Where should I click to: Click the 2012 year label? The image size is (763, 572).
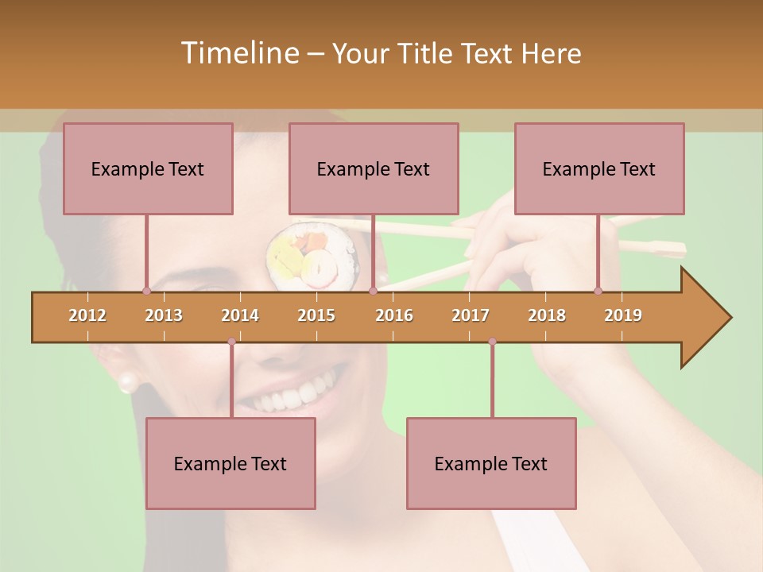(x=87, y=315)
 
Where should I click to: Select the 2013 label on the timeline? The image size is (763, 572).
(x=164, y=315)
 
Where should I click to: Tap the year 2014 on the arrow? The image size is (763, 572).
(x=240, y=315)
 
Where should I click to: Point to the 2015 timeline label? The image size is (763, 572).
(x=316, y=315)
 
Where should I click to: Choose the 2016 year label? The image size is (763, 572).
(x=394, y=315)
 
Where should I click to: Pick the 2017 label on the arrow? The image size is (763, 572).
(x=471, y=315)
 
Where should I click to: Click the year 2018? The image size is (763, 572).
(x=547, y=315)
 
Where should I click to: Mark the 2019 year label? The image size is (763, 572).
(x=623, y=315)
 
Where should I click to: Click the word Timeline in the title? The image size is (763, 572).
(x=238, y=53)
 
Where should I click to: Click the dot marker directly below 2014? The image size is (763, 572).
(x=231, y=342)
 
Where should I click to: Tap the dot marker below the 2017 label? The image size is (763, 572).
(x=492, y=342)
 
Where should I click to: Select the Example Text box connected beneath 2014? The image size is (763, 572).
(x=230, y=463)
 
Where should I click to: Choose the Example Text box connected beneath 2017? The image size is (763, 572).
(x=491, y=463)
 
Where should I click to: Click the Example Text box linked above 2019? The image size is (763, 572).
(x=599, y=168)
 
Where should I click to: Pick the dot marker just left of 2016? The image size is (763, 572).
(x=373, y=291)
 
